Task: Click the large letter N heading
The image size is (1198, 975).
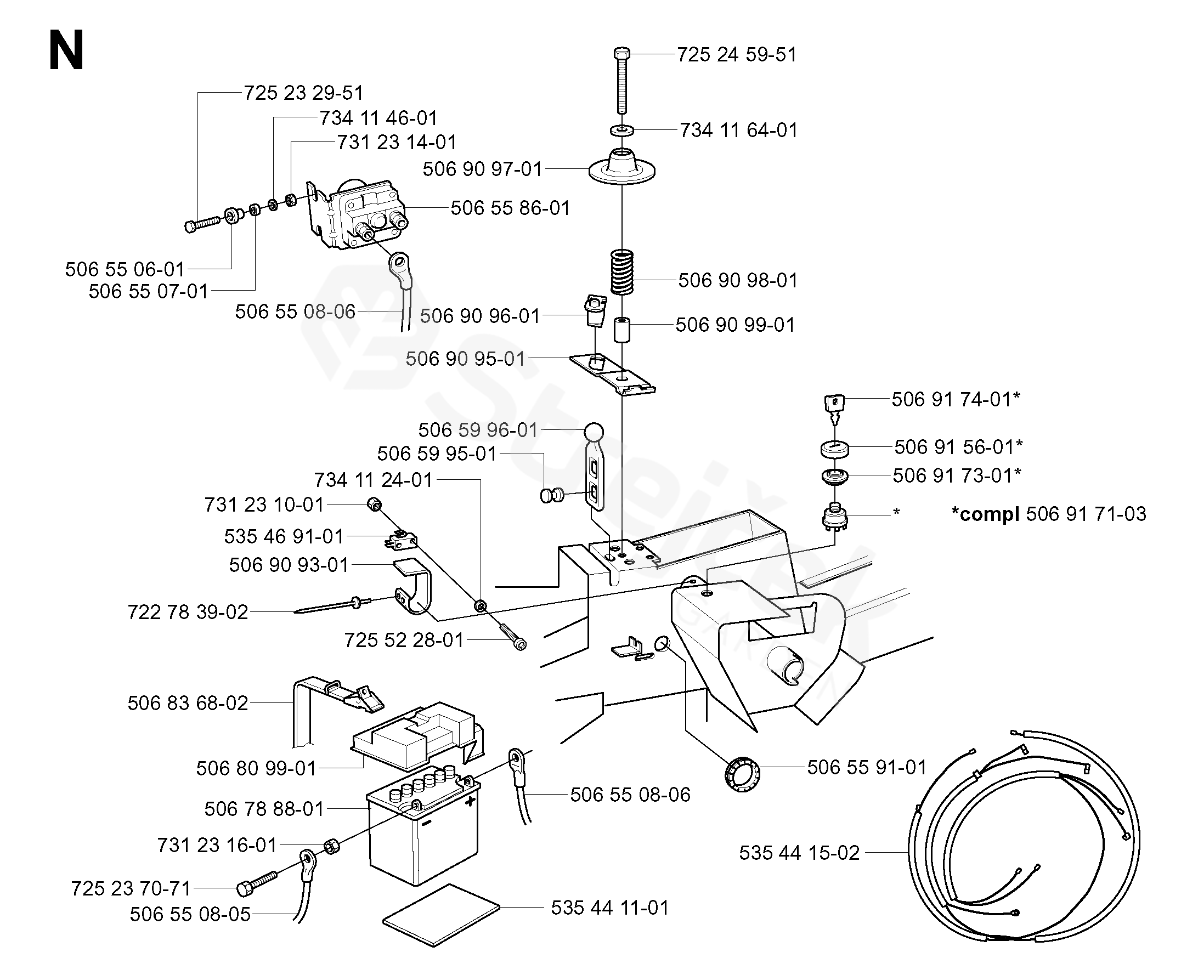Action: (66, 50)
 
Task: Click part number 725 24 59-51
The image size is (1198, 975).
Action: (736, 54)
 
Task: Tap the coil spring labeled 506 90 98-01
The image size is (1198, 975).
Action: (621, 272)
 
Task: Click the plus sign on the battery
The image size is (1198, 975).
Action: (470, 801)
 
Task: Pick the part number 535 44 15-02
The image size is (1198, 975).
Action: (799, 853)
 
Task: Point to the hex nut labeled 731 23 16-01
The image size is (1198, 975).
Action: (332, 844)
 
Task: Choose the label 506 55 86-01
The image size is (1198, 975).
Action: (510, 208)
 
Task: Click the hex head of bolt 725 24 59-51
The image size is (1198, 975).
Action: (621, 54)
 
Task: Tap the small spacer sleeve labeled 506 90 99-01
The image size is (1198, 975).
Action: (621, 330)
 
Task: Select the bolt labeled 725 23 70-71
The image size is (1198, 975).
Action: (257, 883)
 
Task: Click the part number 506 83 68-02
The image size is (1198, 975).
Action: (188, 703)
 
